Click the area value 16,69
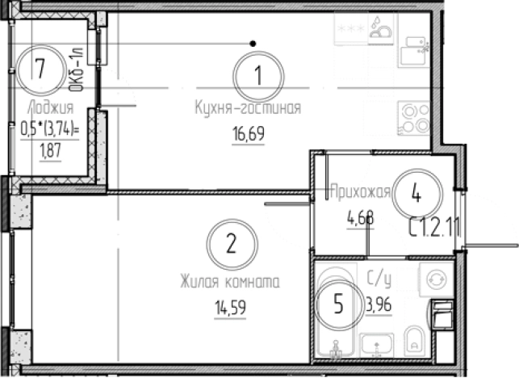coord(249,134)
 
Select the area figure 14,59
coord(230,308)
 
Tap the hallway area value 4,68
coord(361,218)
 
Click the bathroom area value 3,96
coord(379,304)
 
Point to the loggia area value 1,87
coord(50,151)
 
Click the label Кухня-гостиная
coord(249,107)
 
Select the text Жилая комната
coord(230,282)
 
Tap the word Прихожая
coord(361,191)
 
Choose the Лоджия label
coord(50,108)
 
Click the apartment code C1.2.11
coord(434,227)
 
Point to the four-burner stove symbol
coord(413,118)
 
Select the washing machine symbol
coord(436,279)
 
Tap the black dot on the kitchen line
coord(253,44)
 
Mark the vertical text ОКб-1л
coord(77,69)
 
